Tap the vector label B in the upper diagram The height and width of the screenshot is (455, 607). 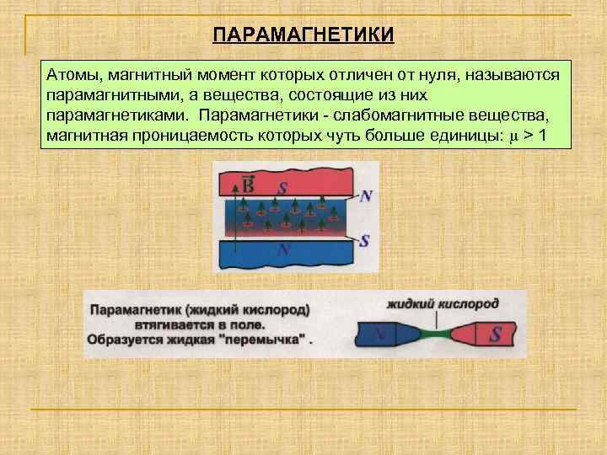249,183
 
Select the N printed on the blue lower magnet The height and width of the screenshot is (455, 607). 284,249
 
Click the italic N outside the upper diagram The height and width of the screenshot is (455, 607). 365,195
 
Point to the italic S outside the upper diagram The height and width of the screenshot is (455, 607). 364,240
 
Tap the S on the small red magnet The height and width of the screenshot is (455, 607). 496,335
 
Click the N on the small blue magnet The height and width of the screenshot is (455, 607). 379,335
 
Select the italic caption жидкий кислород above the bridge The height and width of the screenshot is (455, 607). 443,302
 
